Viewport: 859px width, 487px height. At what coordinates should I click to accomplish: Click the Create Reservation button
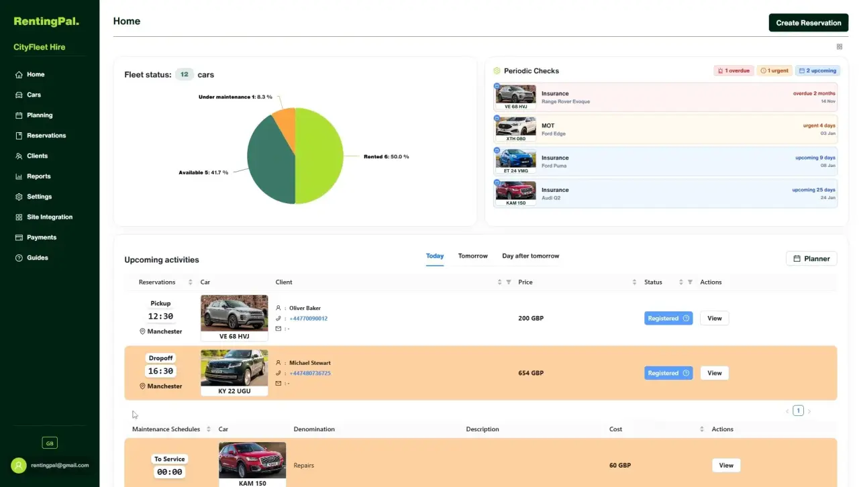click(809, 23)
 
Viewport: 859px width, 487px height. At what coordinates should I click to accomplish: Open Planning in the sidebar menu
click(40, 115)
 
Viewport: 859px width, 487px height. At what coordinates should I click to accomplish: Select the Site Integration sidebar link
click(50, 217)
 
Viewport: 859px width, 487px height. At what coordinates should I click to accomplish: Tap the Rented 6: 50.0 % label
click(386, 156)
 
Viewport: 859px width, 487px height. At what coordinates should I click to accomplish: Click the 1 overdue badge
click(734, 70)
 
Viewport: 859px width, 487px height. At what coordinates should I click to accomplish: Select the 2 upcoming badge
click(817, 70)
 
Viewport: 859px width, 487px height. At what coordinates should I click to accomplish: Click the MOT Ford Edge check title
click(548, 125)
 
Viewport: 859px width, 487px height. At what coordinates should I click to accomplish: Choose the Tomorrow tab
click(472, 256)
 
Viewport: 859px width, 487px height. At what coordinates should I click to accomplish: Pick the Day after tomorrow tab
click(530, 256)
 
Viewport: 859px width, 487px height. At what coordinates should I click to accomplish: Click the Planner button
click(811, 258)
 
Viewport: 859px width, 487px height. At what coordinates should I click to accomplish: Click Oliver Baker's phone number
click(308, 318)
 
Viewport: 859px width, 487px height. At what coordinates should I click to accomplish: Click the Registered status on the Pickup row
click(668, 318)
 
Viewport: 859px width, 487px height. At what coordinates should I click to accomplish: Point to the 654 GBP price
click(531, 373)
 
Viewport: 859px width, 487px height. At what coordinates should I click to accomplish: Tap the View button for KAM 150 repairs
click(726, 465)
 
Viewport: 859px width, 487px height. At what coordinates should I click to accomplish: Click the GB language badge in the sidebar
click(50, 443)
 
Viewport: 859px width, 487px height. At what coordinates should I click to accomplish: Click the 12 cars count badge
click(184, 74)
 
